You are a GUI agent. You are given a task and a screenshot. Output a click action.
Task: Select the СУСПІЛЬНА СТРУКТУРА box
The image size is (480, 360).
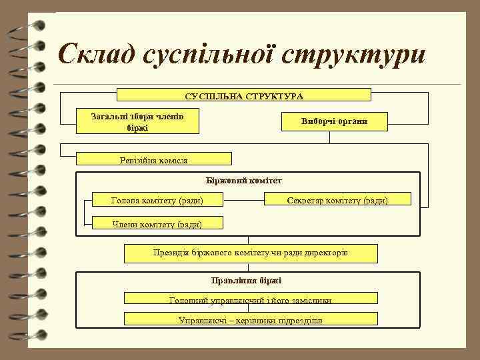pos(243,97)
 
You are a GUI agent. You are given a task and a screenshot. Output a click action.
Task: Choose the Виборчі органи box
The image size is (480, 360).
pos(334,121)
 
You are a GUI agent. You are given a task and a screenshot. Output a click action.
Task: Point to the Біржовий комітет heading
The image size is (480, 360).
pos(245,180)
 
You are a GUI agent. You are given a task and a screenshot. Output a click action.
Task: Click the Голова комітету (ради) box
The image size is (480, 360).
pos(157,200)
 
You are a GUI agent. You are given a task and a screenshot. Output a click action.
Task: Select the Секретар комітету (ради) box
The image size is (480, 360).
pos(338,200)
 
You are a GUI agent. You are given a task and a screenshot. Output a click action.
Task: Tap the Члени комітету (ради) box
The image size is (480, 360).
pos(157,224)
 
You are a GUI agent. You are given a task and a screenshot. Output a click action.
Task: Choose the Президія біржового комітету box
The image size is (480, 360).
pos(251,253)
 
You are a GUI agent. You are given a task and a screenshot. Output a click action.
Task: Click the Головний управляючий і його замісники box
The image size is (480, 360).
pos(251,301)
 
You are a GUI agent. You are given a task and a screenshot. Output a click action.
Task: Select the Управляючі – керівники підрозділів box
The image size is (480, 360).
pos(251,319)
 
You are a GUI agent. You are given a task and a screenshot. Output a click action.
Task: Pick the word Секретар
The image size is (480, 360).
pos(305,200)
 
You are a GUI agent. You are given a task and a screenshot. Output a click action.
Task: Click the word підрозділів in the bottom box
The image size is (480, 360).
pos(297,320)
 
